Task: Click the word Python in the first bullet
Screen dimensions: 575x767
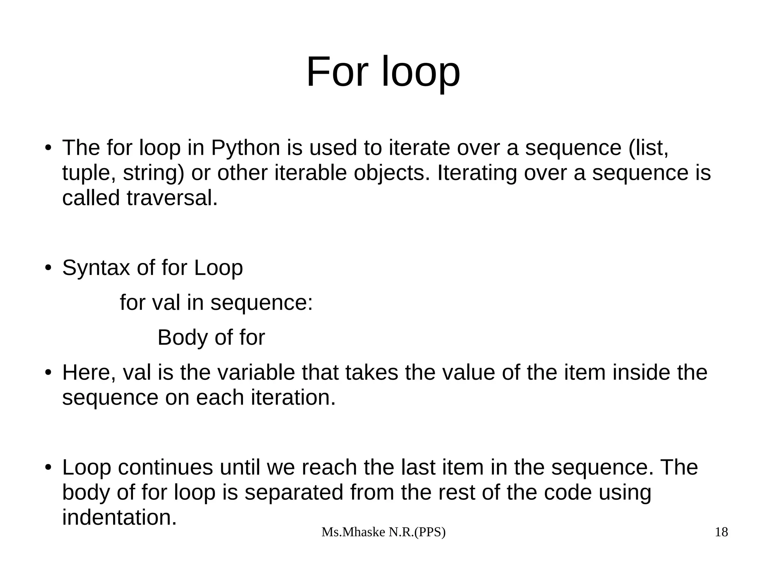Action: (245, 148)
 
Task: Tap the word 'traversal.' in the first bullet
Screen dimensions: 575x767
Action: (172, 198)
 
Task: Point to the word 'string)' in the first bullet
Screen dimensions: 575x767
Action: (154, 173)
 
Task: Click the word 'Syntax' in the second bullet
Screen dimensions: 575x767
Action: (96, 268)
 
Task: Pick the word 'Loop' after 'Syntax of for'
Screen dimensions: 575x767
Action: (218, 268)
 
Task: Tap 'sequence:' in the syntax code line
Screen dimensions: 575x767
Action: (261, 302)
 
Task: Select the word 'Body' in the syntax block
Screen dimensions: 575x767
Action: (182, 338)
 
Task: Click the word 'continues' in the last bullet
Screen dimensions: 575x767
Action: (165, 467)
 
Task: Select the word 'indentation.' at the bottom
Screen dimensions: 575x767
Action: (119, 517)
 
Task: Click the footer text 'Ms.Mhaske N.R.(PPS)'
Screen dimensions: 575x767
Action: (383, 532)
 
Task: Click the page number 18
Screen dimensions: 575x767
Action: (721, 532)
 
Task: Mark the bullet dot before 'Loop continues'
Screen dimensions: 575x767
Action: (48, 467)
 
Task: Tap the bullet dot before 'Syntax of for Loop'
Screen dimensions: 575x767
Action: (48, 268)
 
